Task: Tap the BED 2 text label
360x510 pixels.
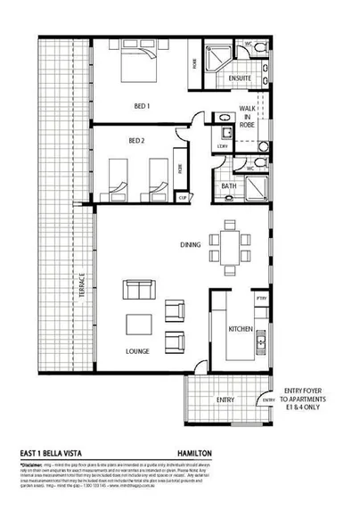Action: [136, 141]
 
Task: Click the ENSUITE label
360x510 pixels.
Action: [240, 78]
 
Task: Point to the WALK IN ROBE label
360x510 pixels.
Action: [248, 116]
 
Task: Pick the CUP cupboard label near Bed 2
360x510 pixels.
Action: [182, 197]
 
